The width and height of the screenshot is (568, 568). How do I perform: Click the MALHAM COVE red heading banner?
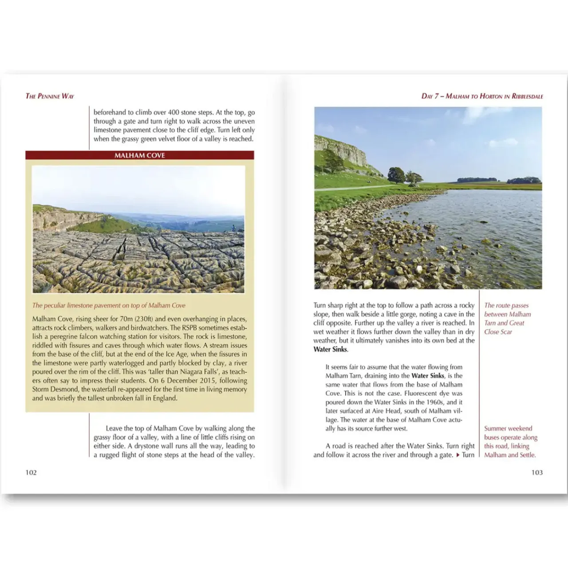[x=139, y=155]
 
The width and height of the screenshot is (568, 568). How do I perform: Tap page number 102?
[x=31, y=472]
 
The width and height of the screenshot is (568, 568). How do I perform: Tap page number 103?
[x=537, y=472]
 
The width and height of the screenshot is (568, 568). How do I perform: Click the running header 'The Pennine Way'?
[x=50, y=96]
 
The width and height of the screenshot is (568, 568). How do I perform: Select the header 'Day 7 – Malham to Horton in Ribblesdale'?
[x=482, y=96]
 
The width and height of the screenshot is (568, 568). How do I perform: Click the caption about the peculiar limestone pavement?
[x=109, y=305]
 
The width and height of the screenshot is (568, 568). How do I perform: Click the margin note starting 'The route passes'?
[x=507, y=318]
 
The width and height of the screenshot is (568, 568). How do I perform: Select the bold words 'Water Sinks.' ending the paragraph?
[x=331, y=349]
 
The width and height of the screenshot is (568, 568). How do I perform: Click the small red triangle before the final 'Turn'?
[x=458, y=455]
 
